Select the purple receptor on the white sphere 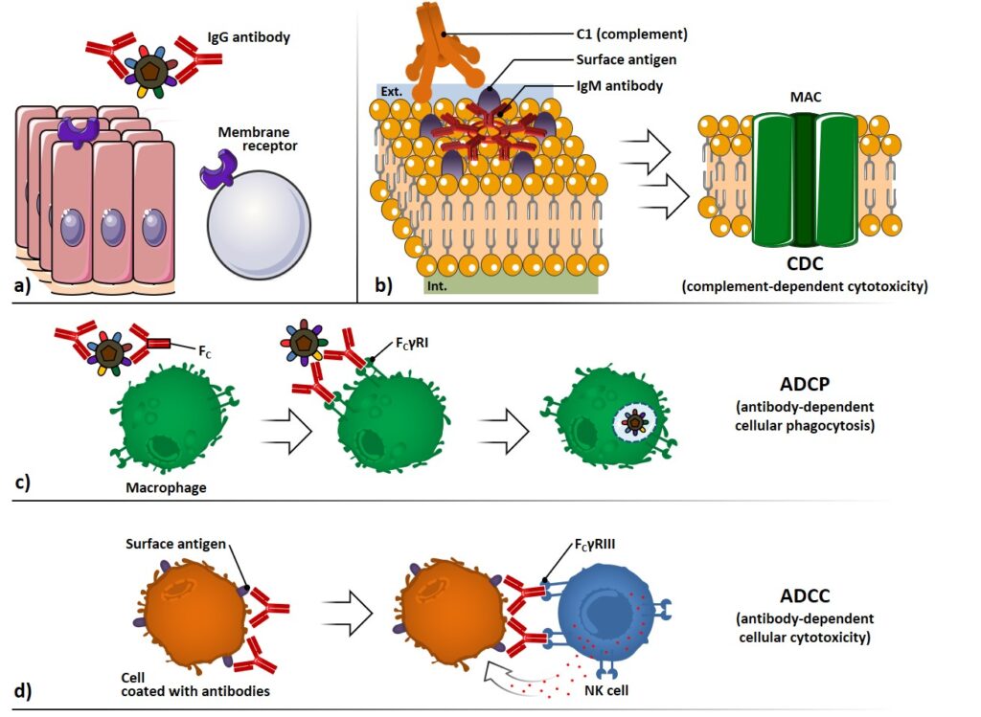(x=216, y=173)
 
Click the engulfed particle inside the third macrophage (x=632, y=420)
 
